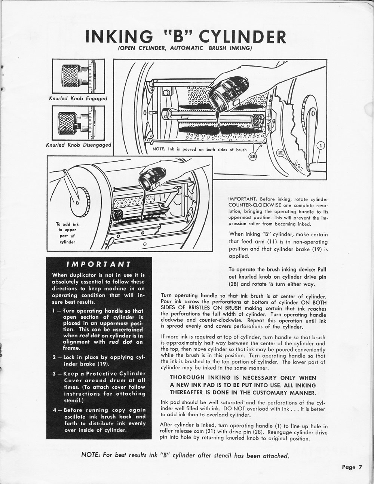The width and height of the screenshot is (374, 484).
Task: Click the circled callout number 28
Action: click(x=252, y=157)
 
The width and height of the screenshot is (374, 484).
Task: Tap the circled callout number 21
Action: click(x=280, y=152)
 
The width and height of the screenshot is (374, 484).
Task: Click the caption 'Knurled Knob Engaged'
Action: click(x=78, y=98)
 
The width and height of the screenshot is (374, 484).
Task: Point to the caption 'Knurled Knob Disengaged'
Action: click(x=78, y=145)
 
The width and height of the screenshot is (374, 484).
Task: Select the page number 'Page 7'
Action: click(x=352, y=467)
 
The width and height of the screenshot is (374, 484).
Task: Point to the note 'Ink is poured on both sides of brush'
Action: click(x=200, y=149)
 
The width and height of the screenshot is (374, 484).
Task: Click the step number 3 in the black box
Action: click(x=55, y=374)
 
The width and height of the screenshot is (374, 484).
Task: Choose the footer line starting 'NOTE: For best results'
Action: click(x=185, y=456)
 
